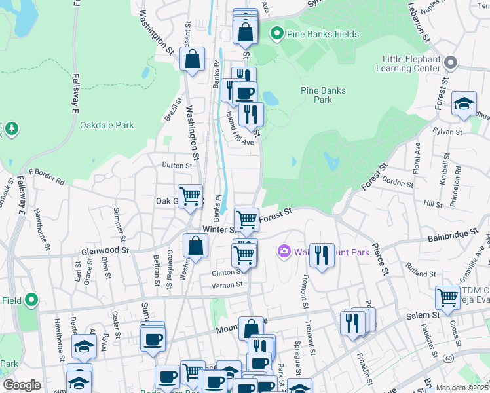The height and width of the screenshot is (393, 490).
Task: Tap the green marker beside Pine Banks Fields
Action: click(276, 31)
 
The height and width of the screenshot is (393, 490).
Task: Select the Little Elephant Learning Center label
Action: click(411, 64)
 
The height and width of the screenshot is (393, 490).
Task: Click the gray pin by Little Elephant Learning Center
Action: click(450, 63)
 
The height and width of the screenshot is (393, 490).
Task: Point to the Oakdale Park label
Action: click(107, 125)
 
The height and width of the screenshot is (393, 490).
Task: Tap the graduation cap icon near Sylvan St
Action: click(464, 103)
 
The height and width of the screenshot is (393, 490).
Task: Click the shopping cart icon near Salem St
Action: click(447, 297)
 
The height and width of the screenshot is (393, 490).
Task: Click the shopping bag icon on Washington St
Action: click(193, 59)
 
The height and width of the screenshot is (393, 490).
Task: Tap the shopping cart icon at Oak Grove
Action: click(190, 196)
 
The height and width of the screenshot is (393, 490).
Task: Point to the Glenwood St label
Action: click(105, 250)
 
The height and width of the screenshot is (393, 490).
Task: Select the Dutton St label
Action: click(177, 166)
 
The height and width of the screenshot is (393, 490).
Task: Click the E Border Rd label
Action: click(46, 176)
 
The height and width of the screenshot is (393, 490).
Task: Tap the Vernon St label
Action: click(227, 284)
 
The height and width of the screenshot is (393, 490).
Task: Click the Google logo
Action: click(22, 385)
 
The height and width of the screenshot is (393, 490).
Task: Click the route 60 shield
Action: click(448, 358)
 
